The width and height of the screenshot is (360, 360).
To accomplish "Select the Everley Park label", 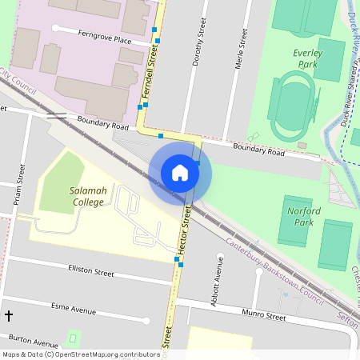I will (306, 58).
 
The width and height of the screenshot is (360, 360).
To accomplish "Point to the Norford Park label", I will (303, 216).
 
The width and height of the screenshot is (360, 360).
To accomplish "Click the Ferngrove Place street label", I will (104, 37).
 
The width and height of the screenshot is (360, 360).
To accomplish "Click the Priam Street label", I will (18, 186).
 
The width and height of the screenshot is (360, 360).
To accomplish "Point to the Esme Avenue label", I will (73, 308).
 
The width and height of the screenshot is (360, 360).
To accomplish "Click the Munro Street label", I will (265, 317).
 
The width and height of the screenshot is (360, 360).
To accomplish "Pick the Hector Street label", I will (185, 231).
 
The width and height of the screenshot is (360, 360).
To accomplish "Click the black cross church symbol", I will (9, 316).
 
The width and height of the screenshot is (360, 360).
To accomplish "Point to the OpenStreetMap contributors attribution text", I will (81, 354).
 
